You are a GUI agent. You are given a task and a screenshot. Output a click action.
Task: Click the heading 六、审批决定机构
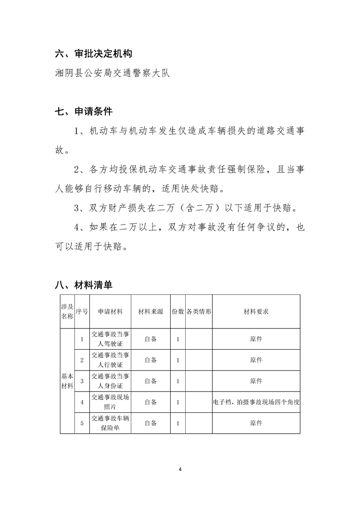[x=93, y=54]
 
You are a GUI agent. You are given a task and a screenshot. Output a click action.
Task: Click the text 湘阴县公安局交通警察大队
[x=112, y=73]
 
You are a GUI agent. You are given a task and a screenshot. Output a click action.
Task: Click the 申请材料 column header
[x=110, y=312]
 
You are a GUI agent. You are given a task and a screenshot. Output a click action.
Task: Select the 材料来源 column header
[x=151, y=312]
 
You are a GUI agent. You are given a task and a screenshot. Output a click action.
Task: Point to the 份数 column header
[x=178, y=312]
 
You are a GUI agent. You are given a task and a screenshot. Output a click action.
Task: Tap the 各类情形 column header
[x=199, y=312]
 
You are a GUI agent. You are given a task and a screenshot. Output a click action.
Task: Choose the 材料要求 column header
[x=256, y=312]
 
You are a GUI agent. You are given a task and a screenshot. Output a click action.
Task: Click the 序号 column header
[x=82, y=312]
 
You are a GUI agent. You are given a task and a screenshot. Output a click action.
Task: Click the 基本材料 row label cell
[x=67, y=381]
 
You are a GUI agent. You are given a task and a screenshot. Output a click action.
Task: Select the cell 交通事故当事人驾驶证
[x=110, y=339]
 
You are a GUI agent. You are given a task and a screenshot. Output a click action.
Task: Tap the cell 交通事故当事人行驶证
[x=110, y=360]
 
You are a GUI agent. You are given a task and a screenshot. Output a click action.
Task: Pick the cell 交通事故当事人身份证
[x=110, y=381]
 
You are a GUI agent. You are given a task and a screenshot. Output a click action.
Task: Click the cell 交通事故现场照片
[x=110, y=402]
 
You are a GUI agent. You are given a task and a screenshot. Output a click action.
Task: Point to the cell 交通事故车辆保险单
[x=110, y=423]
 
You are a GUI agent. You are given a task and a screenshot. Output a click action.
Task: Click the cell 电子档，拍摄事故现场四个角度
[x=256, y=402]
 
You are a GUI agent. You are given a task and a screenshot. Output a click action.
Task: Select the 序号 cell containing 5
[x=82, y=423]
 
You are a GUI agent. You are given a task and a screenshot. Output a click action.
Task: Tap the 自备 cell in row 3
[x=151, y=381]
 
